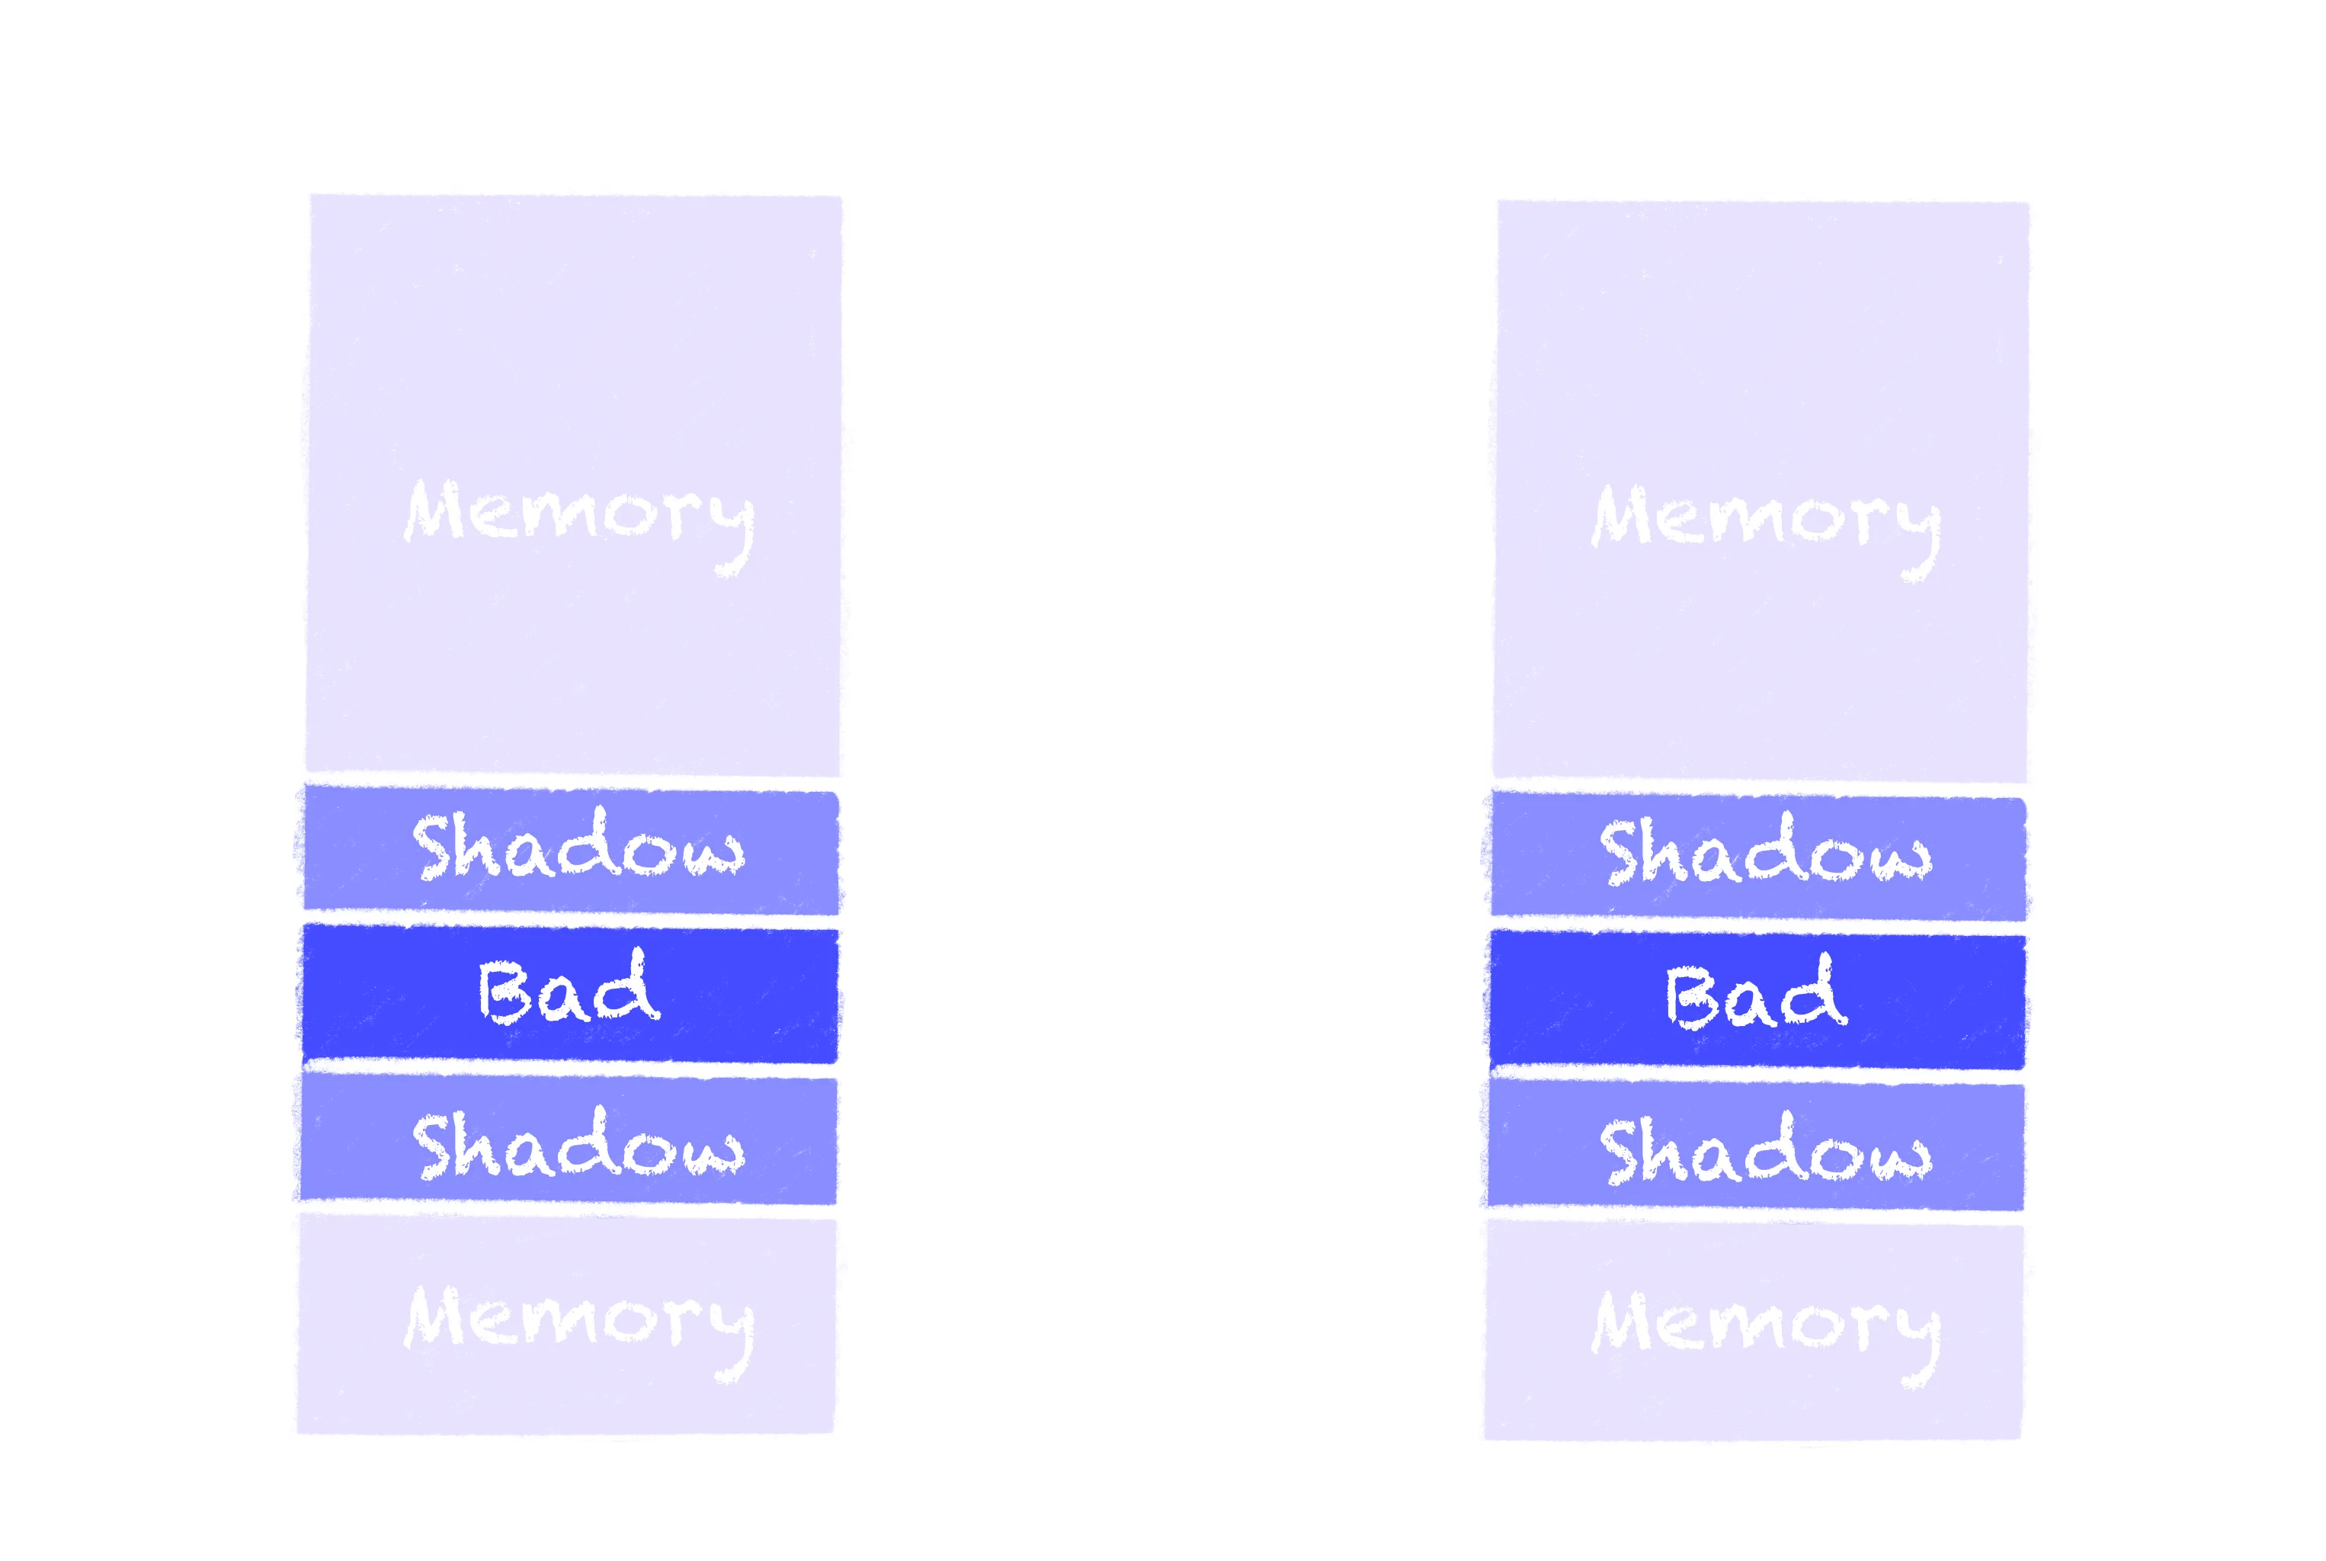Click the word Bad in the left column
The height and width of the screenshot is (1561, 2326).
pyautogui.click(x=569, y=991)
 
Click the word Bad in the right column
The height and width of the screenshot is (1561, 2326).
pyautogui.click(x=1756, y=996)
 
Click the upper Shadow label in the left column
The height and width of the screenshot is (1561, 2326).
pyautogui.click(x=578, y=848)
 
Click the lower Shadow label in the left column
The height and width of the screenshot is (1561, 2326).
pyautogui.click(x=578, y=1147)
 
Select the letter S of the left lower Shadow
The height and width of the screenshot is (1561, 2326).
pyautogui.click(x=436, y=1147)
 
